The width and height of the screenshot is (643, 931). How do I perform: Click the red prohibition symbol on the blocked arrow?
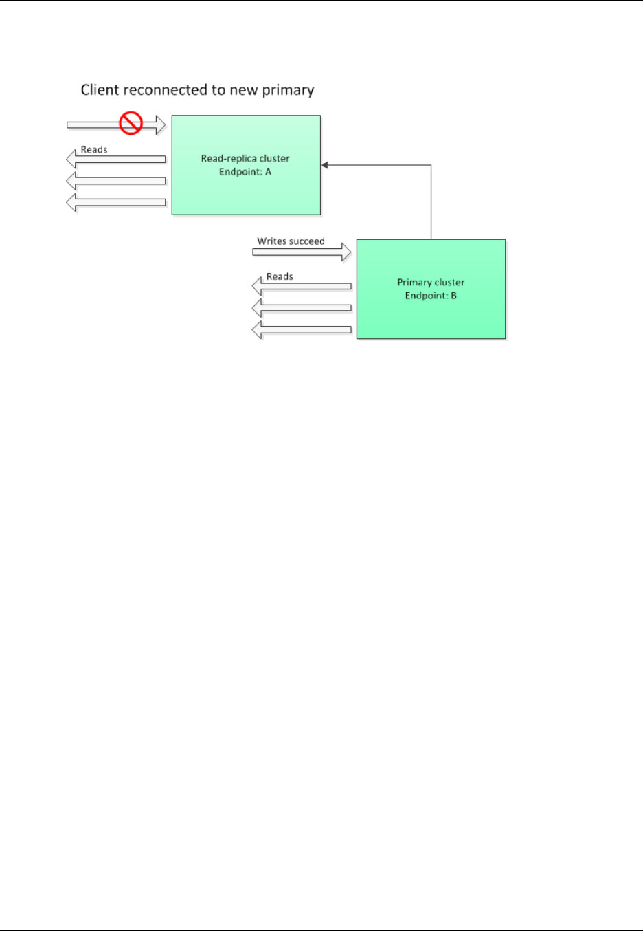click(x=131, y=124)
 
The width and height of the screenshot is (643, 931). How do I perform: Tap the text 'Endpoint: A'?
click(x=245, y=172)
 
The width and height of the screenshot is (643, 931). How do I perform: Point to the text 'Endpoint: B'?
click(x=431, y=296)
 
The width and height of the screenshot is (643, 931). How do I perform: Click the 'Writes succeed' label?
click(x=291, y=241)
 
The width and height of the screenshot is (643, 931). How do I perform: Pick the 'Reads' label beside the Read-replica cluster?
click(x=94, y=149)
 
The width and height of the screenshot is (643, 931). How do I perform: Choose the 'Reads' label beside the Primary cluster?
click(x=280, y=276)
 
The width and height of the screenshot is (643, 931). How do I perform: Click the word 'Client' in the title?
click(x=100, y=90)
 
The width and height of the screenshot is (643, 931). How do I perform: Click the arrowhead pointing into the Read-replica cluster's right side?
click(x=325, y=165)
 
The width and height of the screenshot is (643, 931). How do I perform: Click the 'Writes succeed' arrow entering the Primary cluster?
click(x=302, y=252)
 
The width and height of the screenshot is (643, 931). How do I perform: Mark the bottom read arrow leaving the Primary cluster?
click(x=302, y=330)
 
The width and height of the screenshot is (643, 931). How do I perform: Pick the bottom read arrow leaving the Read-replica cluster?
click(x=117, y=203)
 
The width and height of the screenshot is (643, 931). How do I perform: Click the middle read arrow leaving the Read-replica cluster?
click(x=117, y=181)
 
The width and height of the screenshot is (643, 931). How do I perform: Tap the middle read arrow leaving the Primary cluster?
click(x=302, y=307)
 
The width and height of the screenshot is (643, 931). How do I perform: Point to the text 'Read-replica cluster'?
click(x=245, y=158)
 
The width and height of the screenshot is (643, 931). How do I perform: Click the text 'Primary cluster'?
click(x=431, y=282)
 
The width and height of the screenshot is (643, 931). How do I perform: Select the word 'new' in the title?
click(x=246, y=90)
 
